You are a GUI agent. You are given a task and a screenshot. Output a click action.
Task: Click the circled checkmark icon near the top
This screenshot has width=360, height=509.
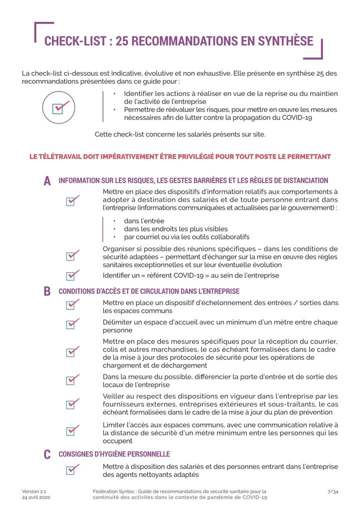click(58, 107)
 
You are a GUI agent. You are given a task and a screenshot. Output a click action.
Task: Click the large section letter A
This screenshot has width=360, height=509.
click(47, 181)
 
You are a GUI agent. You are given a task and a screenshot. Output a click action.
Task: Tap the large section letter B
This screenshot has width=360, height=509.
click(47, 291)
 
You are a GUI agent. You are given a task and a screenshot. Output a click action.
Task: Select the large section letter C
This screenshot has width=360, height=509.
click(47, 454)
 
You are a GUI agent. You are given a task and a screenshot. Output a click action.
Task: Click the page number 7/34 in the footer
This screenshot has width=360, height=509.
click(332, 491)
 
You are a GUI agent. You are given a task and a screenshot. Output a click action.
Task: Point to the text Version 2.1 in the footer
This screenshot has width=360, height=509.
click(34, 491)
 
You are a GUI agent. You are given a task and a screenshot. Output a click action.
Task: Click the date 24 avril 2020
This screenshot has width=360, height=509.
click(36, 497)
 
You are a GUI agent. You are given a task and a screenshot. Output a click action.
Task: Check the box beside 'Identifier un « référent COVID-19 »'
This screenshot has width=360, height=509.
click(73, 275)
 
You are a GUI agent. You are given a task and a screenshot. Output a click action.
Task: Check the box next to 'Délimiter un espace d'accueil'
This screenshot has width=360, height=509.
click(73, 323)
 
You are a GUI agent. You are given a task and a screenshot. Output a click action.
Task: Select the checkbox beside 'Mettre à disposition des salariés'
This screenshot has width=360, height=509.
click(73, 469)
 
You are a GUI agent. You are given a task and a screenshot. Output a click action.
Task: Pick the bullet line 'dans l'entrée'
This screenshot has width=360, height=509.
click(144, 221)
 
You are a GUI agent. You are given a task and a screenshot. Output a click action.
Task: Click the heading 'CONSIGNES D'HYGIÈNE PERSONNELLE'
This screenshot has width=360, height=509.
click(114, 454)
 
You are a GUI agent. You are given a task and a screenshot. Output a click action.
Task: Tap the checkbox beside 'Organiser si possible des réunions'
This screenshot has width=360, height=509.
click(73, 256)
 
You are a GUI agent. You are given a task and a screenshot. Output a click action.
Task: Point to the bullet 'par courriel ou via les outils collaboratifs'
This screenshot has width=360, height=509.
click(186, 237)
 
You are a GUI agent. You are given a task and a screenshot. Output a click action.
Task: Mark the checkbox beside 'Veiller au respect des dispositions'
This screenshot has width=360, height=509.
click(73, 403)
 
